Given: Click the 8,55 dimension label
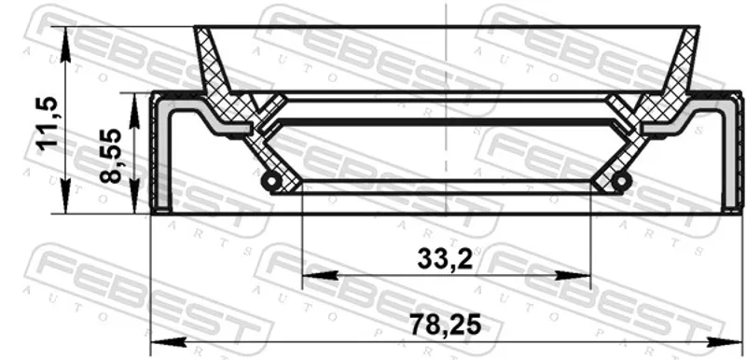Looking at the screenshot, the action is [x=111, y=156].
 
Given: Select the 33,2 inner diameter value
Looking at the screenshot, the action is [x=445, y=259].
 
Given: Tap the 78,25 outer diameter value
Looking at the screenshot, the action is [x=446, y=325].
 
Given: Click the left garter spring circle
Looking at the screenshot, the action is [x=271, y=181].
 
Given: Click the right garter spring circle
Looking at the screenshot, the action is [x=621, y=181].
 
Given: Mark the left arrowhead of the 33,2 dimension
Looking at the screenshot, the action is [x=320, y=275].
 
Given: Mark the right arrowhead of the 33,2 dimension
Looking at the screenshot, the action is [x=573, y=275].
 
